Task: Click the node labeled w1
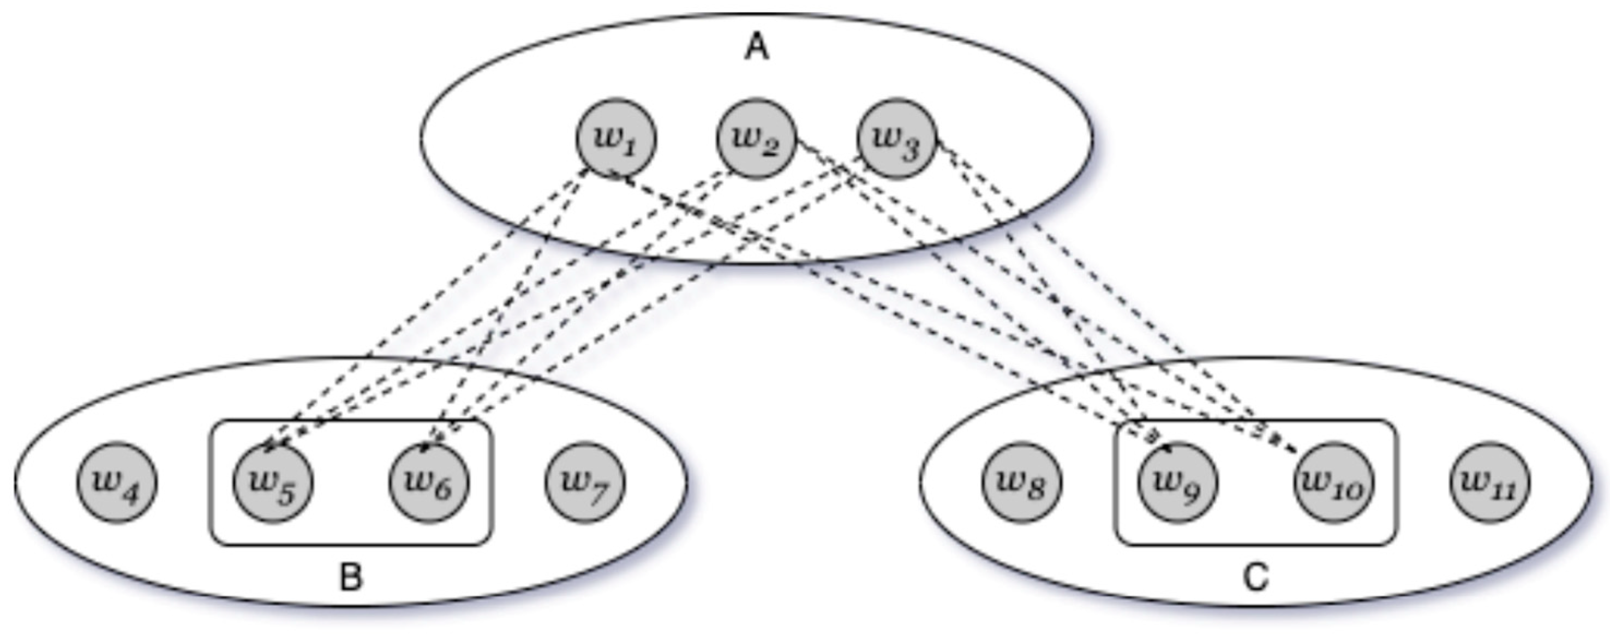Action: click(615, 138)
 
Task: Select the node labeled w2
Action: click(756, 138)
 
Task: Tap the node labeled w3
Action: click(896, 138)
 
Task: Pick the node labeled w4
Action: click(117, 482)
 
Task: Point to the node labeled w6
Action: click(429, 482)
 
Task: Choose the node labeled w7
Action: click(584, 482)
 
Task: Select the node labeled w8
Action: click(1021, 482)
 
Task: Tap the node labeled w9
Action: click(1177, 482)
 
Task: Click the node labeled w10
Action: click(1333, 482)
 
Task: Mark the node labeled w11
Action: click(1490, 482)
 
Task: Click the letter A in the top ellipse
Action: click(757, 47)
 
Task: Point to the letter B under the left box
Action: click(351, 577)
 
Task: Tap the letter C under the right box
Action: click(1255, 577)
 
